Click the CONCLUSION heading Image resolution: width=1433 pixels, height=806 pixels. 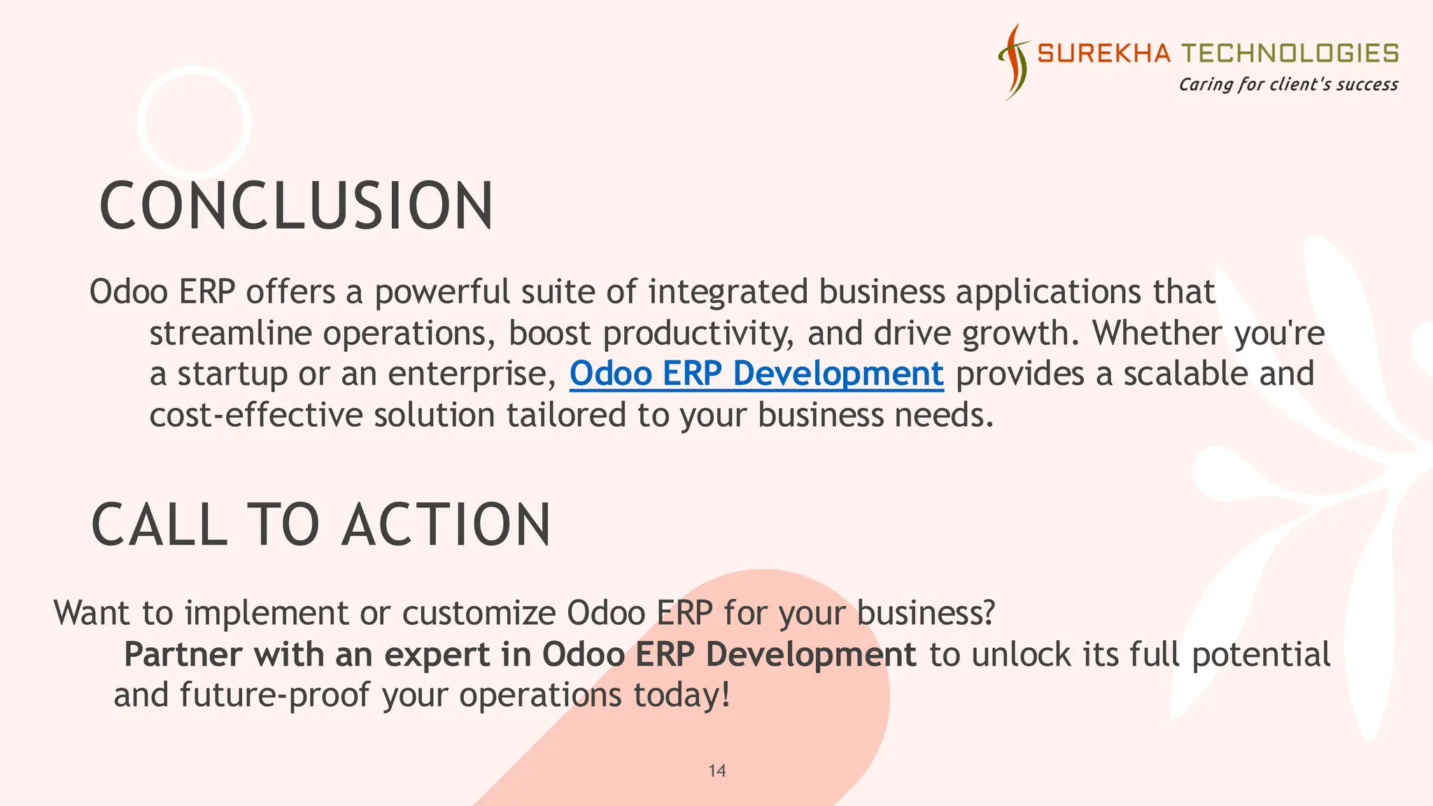click(297, 206)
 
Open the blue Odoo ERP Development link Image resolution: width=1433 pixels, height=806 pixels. click(756, 374)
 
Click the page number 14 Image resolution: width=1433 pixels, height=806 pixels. click(717, 771)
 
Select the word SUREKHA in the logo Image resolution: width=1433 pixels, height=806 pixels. click(1103, 53)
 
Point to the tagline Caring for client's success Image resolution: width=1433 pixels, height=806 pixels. click(1288, 85)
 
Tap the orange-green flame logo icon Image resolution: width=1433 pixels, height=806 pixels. click(1013, 62)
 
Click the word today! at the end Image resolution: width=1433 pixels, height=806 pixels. click(682, 696)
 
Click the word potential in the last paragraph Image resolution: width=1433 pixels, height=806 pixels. click(1261, 656)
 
